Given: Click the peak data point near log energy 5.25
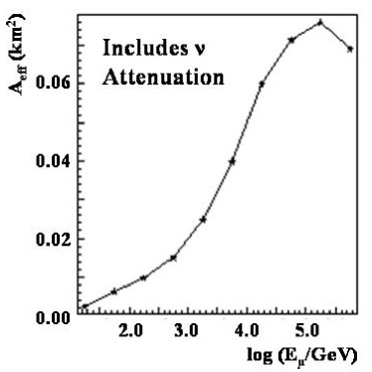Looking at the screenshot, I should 320,22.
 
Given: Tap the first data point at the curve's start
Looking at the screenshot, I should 86,306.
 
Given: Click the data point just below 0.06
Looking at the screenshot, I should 262,84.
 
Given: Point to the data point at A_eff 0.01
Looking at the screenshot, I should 144,278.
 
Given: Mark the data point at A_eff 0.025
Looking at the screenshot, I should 203,219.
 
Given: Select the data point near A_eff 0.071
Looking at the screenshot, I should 291,40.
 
